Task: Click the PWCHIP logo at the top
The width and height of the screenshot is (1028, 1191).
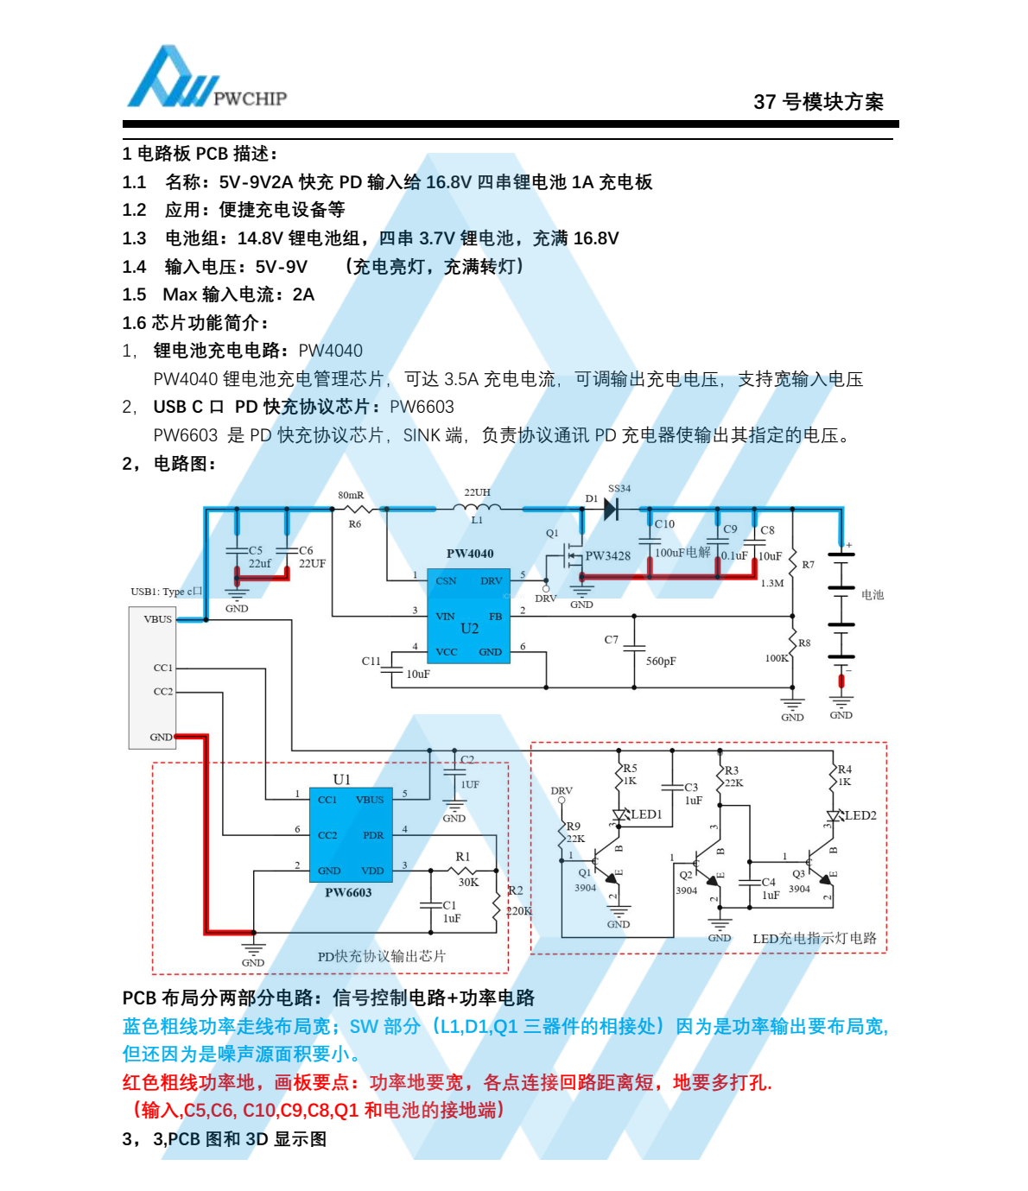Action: point(206,76)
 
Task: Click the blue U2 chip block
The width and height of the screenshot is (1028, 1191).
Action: point(468,616)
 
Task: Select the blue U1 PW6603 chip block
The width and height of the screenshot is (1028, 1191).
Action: point(351,835)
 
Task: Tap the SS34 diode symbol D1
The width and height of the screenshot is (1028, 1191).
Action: point(612,509)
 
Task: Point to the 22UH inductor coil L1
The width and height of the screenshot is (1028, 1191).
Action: point(477,507)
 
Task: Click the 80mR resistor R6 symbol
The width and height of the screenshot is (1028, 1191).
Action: point(359,509)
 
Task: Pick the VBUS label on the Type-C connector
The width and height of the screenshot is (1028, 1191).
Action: point(158,619)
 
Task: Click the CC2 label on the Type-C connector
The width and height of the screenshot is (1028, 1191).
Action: point(163,692)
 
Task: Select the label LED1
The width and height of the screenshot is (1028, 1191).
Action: point(646,814)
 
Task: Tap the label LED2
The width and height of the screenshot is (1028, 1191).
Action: point(860,815)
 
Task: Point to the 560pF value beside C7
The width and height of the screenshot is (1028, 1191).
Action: point(661,661)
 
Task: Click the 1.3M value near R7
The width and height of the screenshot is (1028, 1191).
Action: point(772,583)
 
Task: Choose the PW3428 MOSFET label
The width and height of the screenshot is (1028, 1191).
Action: point(608,556)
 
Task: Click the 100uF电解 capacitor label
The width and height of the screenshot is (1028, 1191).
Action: point(682,552)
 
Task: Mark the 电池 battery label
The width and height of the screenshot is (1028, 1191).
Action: point(873,594)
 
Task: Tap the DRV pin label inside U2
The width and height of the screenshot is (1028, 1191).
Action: point(492,580)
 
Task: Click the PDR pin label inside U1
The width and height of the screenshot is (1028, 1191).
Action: point(373,835)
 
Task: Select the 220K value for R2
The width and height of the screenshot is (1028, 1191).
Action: point(519,911)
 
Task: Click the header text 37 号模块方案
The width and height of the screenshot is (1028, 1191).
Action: point(818,102)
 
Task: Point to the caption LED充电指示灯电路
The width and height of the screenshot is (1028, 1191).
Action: point(815,939)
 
